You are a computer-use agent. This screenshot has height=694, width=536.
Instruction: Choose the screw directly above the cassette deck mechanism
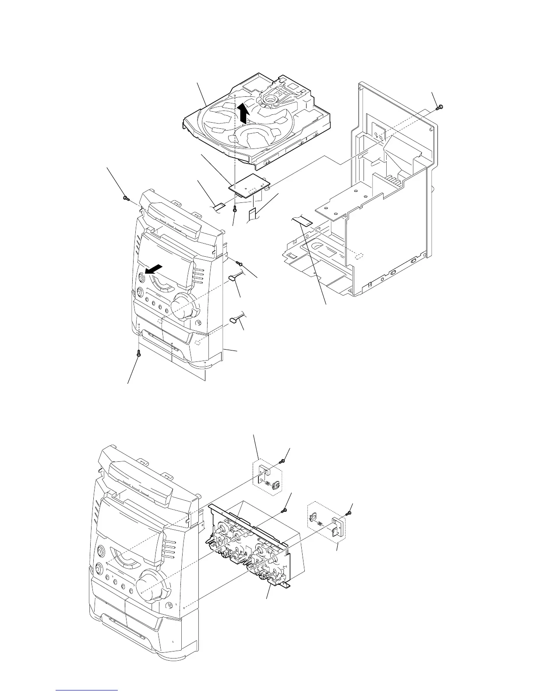pyautogui.click(x=285, y=510)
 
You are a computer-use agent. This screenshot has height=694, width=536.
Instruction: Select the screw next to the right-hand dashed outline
pyautogui.click(x=349, y=513)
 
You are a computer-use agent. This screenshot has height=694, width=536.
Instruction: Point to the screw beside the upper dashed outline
pyautogui.click(x=282, y=461)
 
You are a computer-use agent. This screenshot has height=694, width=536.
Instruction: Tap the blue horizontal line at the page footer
pyautogui.click(x=87, y=691)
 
